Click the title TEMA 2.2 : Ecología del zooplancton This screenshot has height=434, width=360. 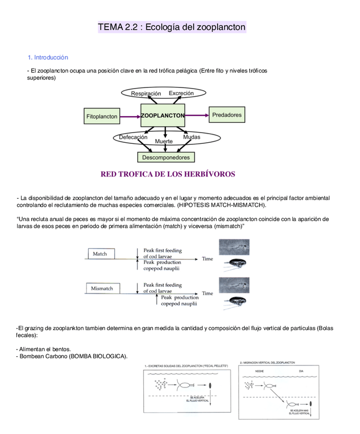click(x=172, y=27)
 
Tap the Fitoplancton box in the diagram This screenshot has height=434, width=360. click(x=102, y=117)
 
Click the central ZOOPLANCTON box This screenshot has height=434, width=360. click(x=163, y=116)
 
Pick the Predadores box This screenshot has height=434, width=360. click(x=226, y=115)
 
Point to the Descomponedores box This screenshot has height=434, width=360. click(x=165, y=158)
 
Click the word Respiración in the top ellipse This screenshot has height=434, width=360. click(x=146, y=94)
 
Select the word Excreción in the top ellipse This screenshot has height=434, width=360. click(x=181, y=93)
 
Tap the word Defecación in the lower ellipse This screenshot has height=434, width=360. click(x=133, y=137)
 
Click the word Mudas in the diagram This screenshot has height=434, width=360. click(x=192, y=137)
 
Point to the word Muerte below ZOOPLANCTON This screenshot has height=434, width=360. click(x=163, y=141)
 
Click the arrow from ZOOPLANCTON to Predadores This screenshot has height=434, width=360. click(x=197, y=116)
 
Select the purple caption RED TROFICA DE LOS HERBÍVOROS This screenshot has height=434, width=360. click(x=168, y=175)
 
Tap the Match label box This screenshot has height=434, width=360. click(x=100, y=254)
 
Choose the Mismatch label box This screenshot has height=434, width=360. click(x=102, y=289)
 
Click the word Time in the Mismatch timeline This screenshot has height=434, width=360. click(x=207, y=293)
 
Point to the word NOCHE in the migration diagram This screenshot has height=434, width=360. click(x=259, y=370)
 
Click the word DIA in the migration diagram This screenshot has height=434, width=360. click(x=301, y=370)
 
